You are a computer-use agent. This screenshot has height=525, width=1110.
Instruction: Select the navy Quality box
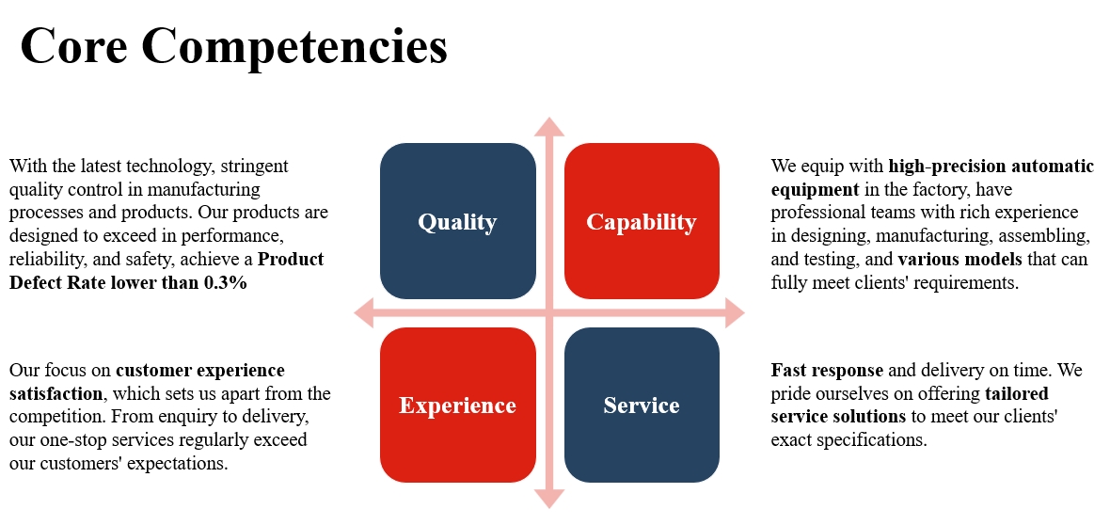(457, 221)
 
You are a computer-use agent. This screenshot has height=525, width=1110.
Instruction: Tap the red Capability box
(642, 221)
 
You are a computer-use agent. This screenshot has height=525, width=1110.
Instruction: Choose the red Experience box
(457, 406)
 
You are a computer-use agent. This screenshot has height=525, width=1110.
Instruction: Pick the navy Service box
(642, 406)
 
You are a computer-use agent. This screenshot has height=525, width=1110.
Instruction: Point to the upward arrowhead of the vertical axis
(549, 127)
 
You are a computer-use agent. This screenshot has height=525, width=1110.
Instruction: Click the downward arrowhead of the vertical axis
(549, 499)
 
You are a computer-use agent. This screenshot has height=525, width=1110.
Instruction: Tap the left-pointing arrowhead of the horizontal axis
(364, 313)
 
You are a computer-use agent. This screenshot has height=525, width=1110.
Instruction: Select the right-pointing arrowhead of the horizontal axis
(734, 313)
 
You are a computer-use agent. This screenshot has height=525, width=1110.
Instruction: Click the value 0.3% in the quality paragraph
(226, 282)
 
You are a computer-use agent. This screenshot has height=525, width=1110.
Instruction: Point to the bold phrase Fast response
(827, 370)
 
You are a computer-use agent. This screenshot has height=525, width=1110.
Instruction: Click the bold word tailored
(1017, 393)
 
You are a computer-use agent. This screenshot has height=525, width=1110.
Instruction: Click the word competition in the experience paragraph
(58, 416)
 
